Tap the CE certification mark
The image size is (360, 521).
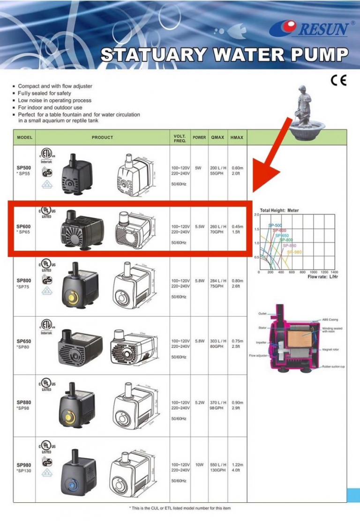click(x=338, y=81)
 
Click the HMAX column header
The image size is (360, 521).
click(x=237, y=138)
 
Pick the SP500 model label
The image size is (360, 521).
click(x=24, y=167)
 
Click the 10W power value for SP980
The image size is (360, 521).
click(x=199, y=465)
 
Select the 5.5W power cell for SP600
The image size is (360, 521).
click(x=199, y=227)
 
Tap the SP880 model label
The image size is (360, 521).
click(x=24, y=402)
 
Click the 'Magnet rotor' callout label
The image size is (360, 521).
click(x=331, y=350)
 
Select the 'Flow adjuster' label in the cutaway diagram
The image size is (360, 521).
click(x=258, y=356)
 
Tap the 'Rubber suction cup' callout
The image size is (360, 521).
click(x=333, y=366)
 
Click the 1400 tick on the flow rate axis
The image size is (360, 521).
click(x=334, y=272)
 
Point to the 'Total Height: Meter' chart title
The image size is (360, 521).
click(x=279, y=210)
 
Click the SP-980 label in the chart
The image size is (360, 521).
click(x=295, y=252)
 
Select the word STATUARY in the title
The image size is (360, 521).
click(x=153, y=55)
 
